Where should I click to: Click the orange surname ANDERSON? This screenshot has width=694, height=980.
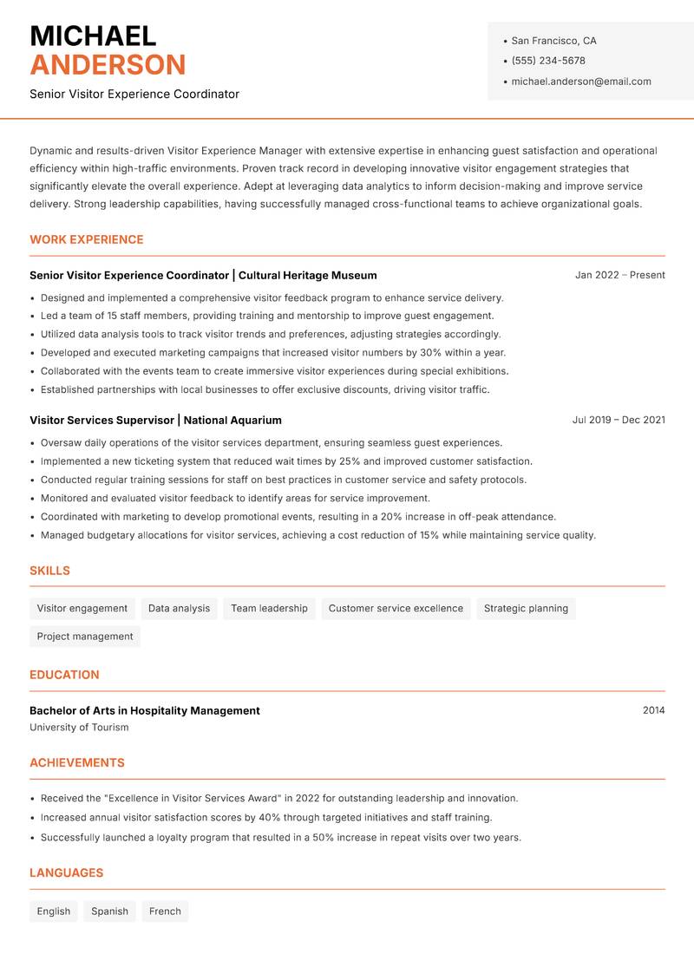pos(108,65)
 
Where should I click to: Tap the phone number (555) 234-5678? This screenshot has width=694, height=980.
pos(548,61)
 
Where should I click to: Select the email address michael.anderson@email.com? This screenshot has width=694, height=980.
pos(581,82)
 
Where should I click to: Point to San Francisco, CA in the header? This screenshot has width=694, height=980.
pos(553,41)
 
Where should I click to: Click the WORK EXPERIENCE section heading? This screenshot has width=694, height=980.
pos(87,239)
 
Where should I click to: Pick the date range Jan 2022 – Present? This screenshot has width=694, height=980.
pos(619,275)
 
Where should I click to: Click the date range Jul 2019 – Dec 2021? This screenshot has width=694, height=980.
pos(619,420)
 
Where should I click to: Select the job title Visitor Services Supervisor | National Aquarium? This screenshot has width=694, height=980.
pos(155,420)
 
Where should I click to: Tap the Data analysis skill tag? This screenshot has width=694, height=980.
pos(179,608)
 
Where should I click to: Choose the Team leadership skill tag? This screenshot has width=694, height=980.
pos(269,608)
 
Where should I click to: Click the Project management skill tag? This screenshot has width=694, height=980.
pos(85,636)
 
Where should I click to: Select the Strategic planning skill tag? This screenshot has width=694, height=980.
pos(526,608)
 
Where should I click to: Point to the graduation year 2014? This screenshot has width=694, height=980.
pos(653,710)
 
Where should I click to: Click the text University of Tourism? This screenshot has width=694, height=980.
pos(79,728)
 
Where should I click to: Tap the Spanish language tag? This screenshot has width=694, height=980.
pos(109,911)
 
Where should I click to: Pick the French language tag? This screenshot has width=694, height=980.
pos(165,911)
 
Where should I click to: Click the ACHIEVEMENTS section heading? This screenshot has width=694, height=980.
pos(77,762)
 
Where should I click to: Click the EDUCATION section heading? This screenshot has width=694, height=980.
pos(64,674)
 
